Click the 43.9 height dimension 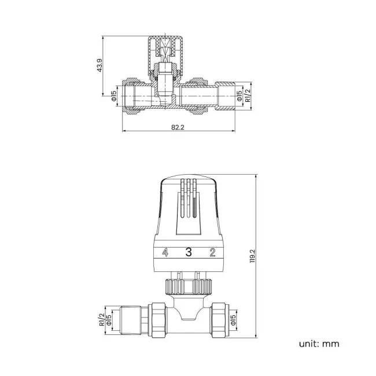tap(100, 66)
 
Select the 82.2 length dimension tap(178, 128)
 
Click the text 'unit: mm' tap(319, 344)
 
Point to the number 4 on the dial tap(165, 252)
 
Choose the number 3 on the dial tap(188, 252)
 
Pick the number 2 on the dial tap(212, 252)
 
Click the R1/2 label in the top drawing tap(248, 94)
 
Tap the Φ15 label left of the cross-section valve tap(114, 94)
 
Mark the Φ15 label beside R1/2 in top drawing tap(241, 94)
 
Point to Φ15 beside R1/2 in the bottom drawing tap(108, 319)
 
